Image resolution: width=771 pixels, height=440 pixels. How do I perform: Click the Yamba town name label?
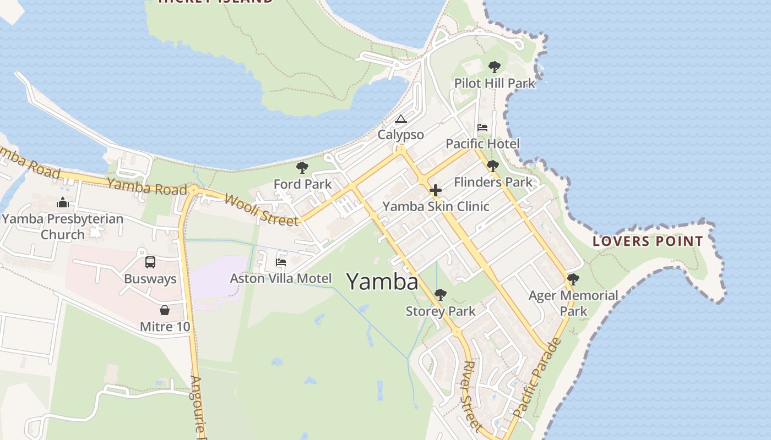[382, 282]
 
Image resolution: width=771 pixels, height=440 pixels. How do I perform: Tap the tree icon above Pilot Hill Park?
[495, 67]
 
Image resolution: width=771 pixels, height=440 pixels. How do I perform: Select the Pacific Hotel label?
[482, 144]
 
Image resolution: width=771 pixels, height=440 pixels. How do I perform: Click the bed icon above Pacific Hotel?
[482, 128]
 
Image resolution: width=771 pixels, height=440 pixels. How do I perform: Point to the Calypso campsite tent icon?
[401, 119]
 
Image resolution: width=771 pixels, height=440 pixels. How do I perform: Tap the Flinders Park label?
[493, 182]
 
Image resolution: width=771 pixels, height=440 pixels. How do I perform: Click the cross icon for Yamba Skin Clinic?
[436, 191]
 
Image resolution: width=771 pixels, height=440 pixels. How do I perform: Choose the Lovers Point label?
[648, 241]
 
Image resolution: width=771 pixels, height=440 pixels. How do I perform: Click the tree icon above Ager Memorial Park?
[573, 279]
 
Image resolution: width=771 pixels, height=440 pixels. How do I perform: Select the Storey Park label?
[441, 311]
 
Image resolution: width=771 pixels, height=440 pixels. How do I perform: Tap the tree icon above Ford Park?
[302, 168]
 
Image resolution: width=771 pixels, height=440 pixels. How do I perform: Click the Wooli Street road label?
[261, 210]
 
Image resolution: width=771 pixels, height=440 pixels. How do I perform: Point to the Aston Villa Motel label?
[281, 278]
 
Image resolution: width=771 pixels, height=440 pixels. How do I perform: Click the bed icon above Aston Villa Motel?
[281, 262]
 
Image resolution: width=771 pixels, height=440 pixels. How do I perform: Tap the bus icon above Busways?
[150, 262]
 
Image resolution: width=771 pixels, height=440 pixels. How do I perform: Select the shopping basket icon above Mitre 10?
[164, 310]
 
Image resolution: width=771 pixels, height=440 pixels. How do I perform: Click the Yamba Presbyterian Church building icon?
[63, 202]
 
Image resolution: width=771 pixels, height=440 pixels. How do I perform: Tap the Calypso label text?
[401, 135]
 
